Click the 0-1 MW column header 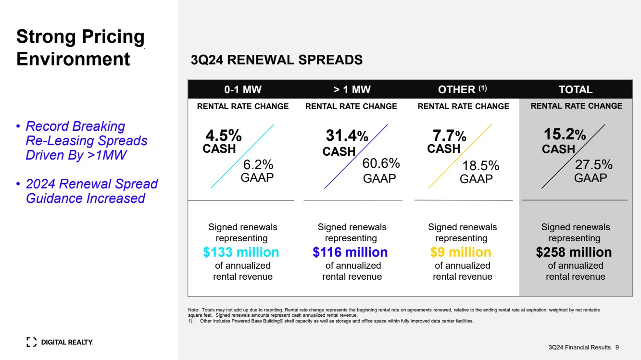pos(243,89)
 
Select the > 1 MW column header pos(352,89)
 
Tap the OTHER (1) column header pos(463,89)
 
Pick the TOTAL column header pos(576,89)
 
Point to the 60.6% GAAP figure pos(381,163)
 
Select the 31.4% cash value pos(347,137)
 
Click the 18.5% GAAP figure pos(480,166)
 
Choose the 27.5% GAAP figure pos(593,165)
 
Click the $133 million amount pos(241,252)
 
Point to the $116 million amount pos(350,252)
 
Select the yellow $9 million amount pos(461,252)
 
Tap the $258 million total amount pos(574,252)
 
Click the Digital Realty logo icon pos(31,342)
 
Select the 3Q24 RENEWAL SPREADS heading pos(277,60)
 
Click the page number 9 pos(617,347)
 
